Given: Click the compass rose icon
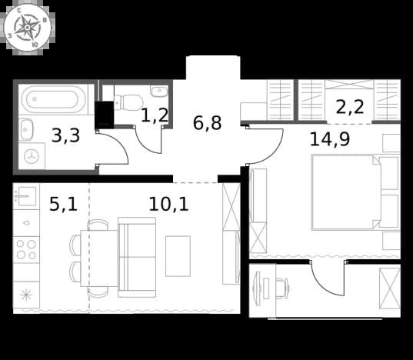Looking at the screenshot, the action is pos(27,28).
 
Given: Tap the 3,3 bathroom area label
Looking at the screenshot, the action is pos(65,136).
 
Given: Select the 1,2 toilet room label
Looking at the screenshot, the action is pos(155,115).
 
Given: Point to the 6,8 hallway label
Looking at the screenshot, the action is pos(207,123).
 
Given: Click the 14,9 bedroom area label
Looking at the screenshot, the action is pos(330,139).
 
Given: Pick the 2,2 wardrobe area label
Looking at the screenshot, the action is pos(350,107).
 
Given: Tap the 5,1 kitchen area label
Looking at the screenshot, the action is pos(63,204).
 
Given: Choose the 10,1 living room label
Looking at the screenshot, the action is pos(168,205).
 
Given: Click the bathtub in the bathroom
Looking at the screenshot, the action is pos(54,99).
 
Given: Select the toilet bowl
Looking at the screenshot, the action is pos(129,102).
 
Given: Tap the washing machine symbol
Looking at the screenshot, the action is pos(32,156).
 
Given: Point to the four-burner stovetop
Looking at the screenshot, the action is pos(26,249).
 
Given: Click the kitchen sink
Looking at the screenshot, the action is pos(26,196).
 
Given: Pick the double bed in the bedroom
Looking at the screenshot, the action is pos(346,192).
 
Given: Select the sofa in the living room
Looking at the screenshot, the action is pos(137,257).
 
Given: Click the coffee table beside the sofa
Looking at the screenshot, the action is pos(178,256).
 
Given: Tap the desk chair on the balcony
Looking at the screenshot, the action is pos(282,288).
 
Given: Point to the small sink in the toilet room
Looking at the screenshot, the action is pos(159,91).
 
